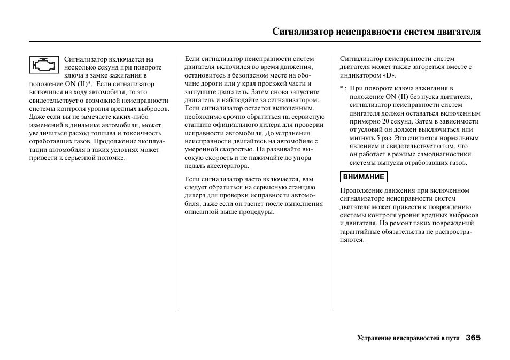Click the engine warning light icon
(44, 65)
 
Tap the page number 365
(473, 338)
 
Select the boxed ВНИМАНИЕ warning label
(364, 177)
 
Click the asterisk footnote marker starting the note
(342, 88)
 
